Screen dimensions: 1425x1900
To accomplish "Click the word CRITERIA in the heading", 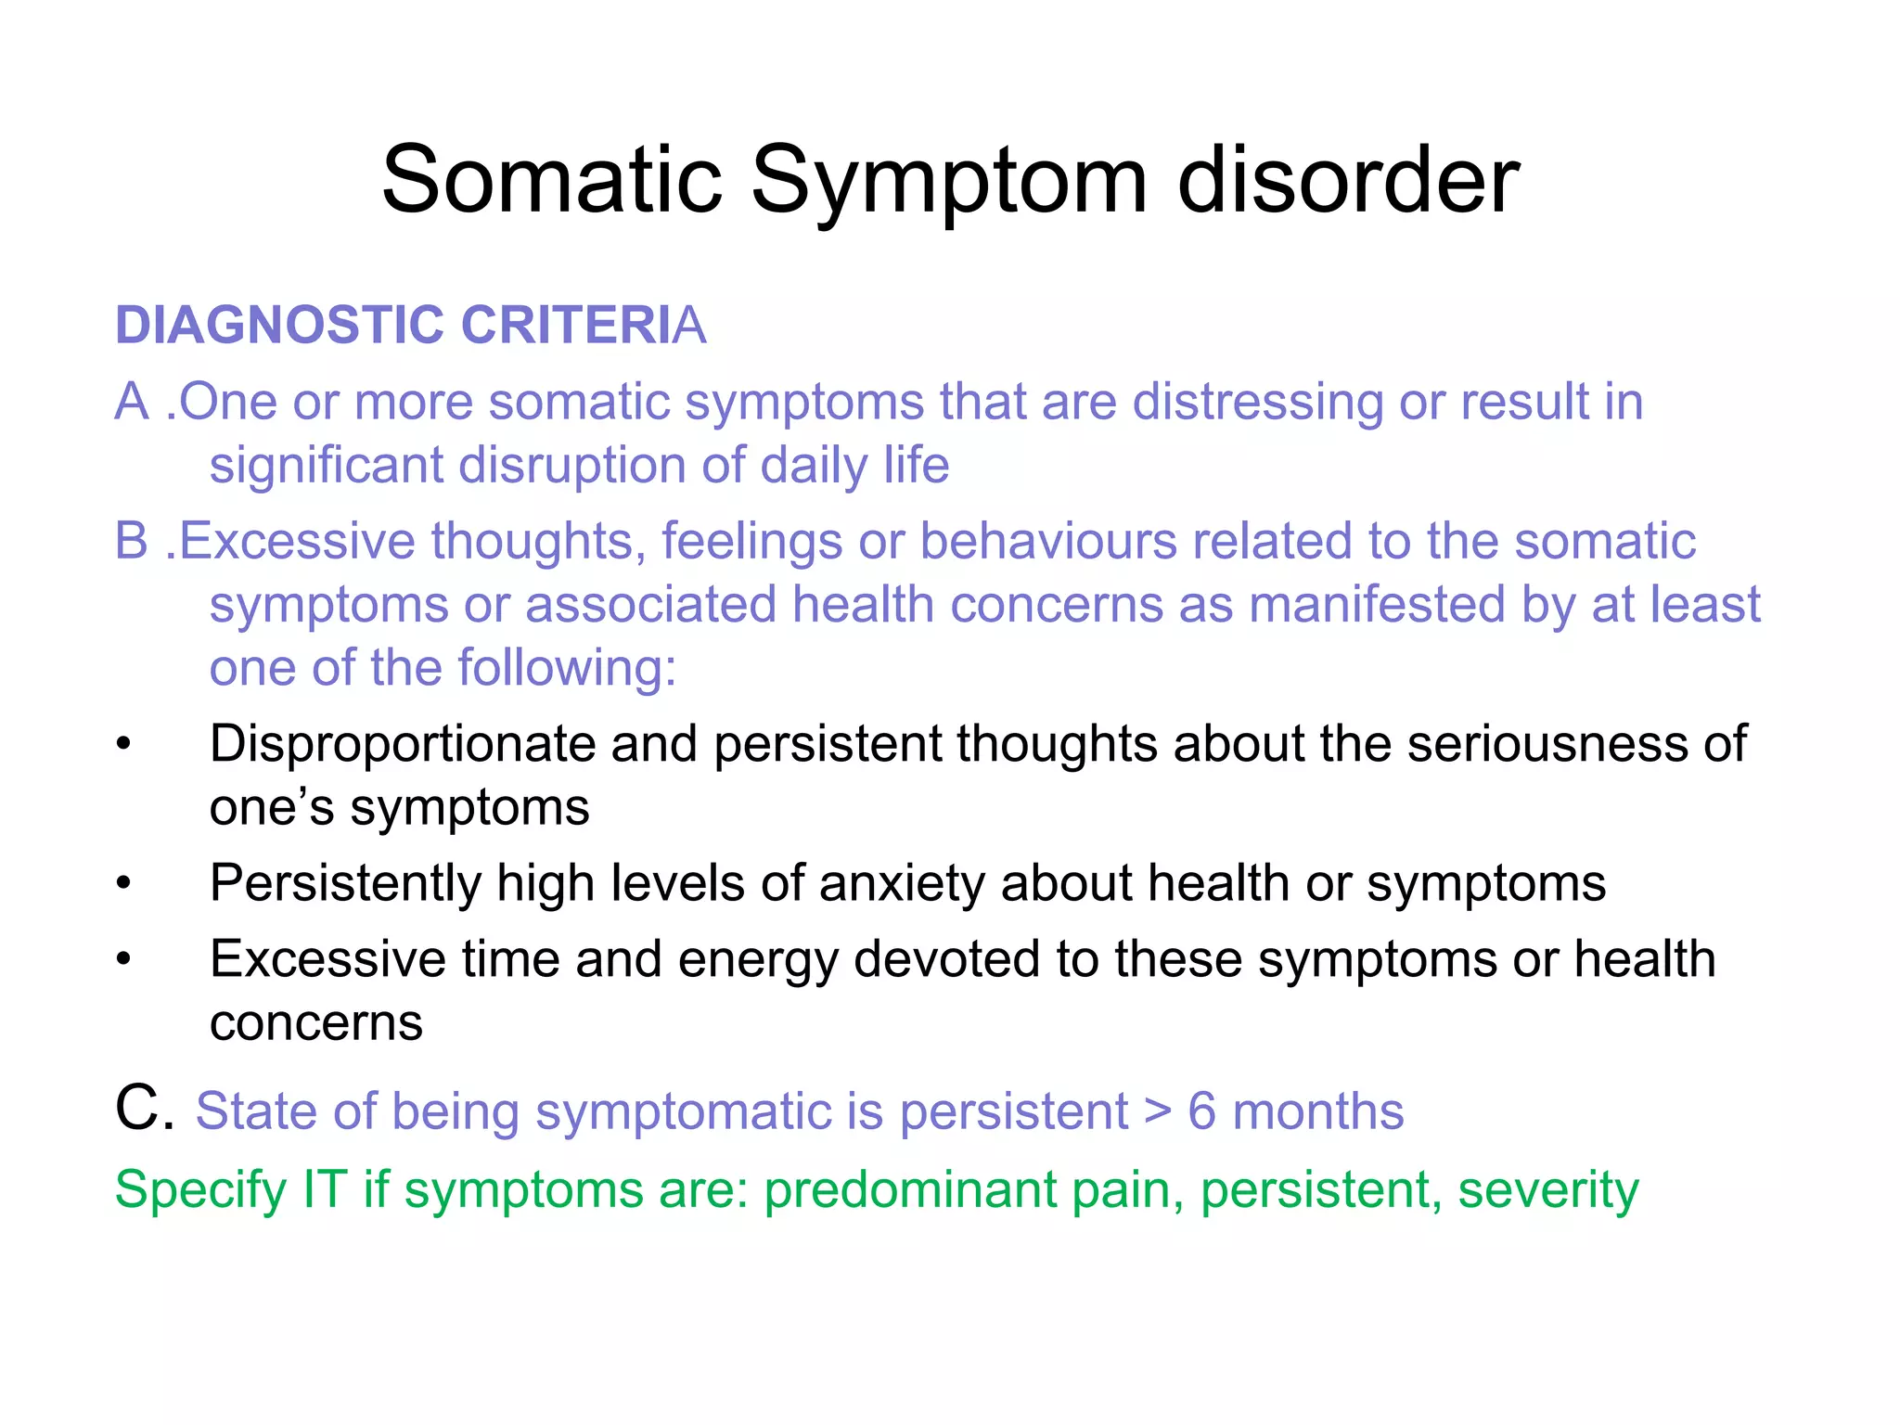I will pyautogui.click(x=583, y=326).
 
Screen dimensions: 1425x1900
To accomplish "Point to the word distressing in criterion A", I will pyautogui.click(x=1257, y=402).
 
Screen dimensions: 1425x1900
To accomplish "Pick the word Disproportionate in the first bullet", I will pyautogui.click(x=402, y=744).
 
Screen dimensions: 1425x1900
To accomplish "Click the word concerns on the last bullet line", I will pyautogui.click(x=315, y=1022).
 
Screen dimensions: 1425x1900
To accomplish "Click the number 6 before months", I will pyautogui.click(x=1201, y=1110).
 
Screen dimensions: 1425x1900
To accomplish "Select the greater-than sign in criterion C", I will pyautogui.click(x=1157, y=1112).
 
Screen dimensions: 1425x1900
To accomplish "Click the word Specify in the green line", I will pyautogui.click(x=199, y=1190).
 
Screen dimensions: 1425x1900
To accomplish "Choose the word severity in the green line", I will pyautogui.click(x=1547, y=1190).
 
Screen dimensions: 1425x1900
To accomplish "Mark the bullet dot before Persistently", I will pyautogui.click(x=124, y=883).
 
